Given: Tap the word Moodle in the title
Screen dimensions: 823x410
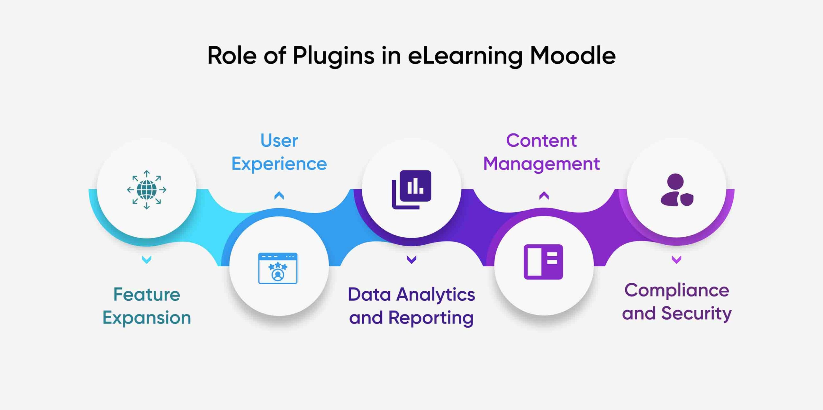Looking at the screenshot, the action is tap(573, 55).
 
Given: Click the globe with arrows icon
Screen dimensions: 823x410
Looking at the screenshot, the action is tap(147, 190).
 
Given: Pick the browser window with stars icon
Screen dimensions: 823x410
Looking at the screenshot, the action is tap(278, 268).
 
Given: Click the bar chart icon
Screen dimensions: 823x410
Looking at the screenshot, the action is tap(411, 190).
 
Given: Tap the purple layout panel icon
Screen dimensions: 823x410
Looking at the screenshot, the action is tap(543, 262).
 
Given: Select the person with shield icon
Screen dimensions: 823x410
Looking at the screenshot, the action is tap(677, 190).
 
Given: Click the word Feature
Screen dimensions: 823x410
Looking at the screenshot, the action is tap(147, 294).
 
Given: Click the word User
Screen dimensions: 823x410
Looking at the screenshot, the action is tap(279, 141).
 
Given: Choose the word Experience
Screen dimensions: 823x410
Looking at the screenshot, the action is tap(279, 164).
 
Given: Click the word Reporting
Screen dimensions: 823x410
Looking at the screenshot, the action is tap(431, 318).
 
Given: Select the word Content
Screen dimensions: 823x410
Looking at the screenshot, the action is tap(541, 141).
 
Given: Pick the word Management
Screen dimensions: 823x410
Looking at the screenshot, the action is tap(541, 164).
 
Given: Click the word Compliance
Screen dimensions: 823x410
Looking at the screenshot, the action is tap(677, 291).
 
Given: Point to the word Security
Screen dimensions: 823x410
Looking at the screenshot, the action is tap(696, 314).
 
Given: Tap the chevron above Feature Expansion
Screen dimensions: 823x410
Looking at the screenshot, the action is tap(147, 260).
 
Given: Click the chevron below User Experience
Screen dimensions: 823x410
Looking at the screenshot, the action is tap(279, 196).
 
